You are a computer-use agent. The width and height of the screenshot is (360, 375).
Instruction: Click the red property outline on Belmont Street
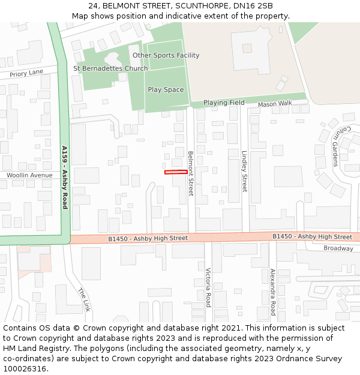click(x=176, y=173)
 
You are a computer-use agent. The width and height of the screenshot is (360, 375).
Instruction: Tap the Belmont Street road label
click(x=191, y=173)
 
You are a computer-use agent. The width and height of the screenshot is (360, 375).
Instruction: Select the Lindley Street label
click(x=244, y=171)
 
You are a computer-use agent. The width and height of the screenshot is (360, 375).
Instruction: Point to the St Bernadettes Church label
click(x=110, y=68)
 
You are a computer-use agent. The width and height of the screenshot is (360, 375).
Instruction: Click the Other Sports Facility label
click(x=166, y=55)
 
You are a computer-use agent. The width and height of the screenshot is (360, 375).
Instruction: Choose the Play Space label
click(x=166, y=90)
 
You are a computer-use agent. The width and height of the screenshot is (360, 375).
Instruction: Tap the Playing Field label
click(x=224, y=103)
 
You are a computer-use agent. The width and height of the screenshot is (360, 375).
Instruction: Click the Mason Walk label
click(x=275, y=104)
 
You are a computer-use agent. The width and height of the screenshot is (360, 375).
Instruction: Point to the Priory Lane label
click(x=26, y=73)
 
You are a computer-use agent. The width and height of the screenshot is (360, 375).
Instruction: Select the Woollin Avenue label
click(x=29, y=175)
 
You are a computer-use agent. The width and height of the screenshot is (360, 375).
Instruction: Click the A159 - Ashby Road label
click(x=65, y=177)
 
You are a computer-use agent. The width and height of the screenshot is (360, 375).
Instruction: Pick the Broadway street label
click(x=338, y=248)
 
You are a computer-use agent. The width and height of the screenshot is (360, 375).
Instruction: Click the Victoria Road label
click(x=208, y=287)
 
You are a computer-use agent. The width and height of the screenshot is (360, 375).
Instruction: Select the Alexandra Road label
click(x=272, y=292)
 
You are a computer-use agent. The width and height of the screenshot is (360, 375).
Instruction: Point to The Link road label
click(x=83, y=299)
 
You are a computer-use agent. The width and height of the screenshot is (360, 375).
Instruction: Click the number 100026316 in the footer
click(x=25, y=368)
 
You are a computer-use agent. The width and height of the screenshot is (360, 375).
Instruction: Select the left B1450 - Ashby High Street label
click(x=148, y=238)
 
